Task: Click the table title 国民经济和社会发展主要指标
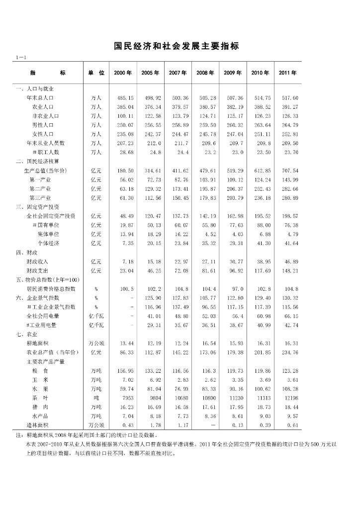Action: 177,46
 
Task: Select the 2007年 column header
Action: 178,73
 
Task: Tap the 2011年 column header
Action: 287,73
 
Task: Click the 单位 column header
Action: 96,73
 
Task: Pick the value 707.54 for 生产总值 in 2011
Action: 289,170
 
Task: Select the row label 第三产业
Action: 40,198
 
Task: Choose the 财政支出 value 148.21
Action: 289,270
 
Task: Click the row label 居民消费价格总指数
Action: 51,289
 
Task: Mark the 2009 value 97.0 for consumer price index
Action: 237,289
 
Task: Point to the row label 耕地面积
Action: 37,343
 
